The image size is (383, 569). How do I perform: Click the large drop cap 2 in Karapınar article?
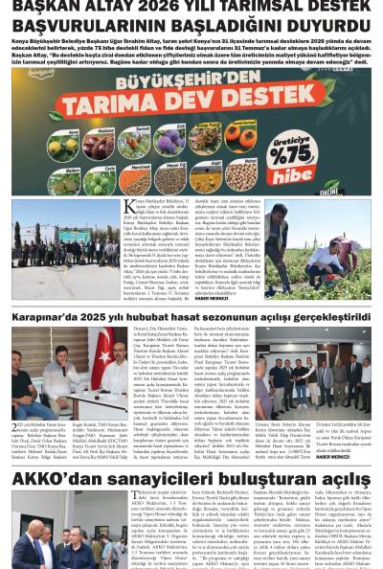click(x=15, y=428)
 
